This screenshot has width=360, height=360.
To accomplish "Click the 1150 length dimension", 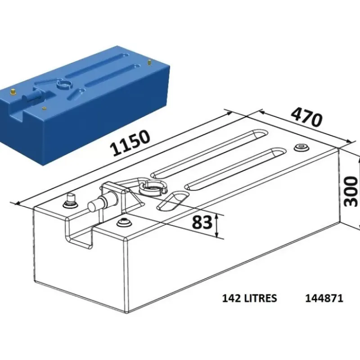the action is click(x=130, y=143).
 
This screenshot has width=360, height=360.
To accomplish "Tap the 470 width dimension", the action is click(x=307, y=117).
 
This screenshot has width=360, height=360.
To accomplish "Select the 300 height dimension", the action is click(x=351, y=191).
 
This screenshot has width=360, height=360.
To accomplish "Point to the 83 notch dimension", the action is click(x=202, y=222).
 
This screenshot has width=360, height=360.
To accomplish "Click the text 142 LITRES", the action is click(x=250, y=298).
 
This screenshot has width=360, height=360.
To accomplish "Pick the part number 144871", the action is click(x=324, y=298).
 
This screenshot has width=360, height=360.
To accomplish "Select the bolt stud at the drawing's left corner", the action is click(x=70, y=201).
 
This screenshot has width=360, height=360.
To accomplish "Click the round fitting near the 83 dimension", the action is click(x=123, y=222).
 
